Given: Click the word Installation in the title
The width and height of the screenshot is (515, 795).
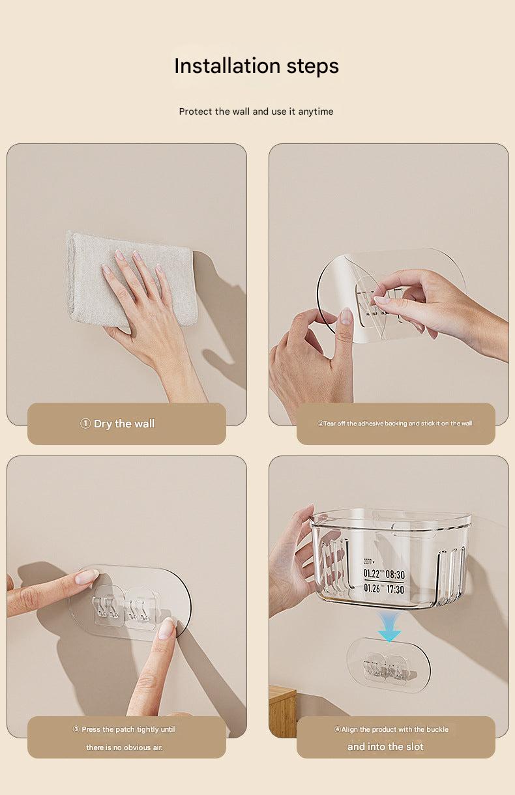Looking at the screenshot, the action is pos(228,66).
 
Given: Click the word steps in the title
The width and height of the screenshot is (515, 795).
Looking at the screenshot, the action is pos(312,66).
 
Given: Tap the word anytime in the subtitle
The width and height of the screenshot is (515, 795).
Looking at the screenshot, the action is pos(316,112).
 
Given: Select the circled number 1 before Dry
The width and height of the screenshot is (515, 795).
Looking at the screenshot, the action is pos(85,424).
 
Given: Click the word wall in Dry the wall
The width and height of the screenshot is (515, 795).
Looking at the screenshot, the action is pos(144,424).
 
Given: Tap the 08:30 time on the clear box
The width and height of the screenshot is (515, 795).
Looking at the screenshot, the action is pos(395,574).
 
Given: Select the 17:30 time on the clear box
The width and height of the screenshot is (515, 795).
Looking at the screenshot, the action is pos(395,590).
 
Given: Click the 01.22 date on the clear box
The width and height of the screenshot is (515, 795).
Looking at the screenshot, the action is pos(371,573).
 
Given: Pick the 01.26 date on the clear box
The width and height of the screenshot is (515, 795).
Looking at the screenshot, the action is pos(372,588).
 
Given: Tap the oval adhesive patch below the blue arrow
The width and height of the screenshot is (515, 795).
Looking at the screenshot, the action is pos(389,665).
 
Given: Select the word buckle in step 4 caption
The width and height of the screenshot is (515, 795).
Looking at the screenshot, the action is pos(437,729).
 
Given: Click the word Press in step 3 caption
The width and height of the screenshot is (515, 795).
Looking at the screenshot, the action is pos(91,729).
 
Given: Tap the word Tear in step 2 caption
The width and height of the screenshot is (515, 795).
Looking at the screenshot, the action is pos(329,424).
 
